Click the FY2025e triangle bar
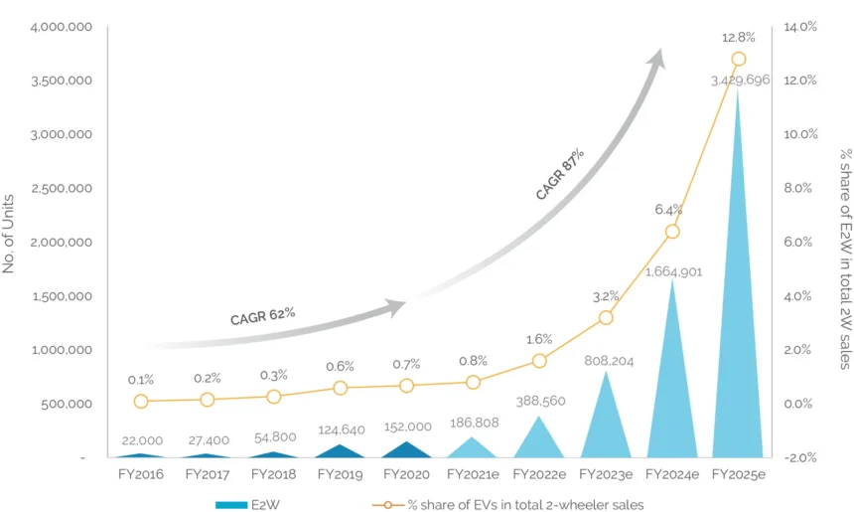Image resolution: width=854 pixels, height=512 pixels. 738,328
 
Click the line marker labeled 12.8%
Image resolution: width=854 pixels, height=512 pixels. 738,59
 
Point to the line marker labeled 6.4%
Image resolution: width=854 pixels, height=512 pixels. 672,231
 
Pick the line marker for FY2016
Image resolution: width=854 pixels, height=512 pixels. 141,401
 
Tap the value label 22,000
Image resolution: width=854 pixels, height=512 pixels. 142,440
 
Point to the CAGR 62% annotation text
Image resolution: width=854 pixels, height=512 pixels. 262,316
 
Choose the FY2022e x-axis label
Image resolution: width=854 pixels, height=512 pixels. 539,474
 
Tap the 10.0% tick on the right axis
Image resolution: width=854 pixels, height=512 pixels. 800,134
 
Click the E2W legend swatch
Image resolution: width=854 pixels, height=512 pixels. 236,504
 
